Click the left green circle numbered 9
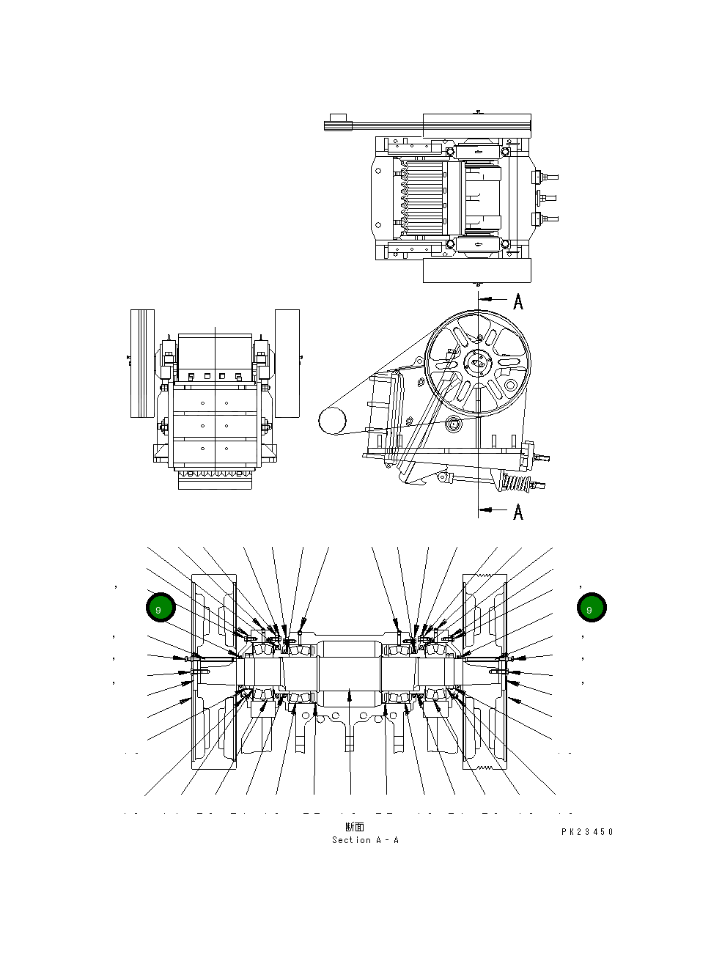point(159,608)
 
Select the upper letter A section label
point(518,301)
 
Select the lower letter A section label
point(518,512)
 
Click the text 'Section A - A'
point(365,840)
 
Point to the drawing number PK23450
point(587,832)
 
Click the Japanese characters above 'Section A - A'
point(355,828)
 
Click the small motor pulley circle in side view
point(332,421)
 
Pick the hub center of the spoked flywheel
point(477,362)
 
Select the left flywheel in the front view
point(142,364)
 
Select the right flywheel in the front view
point(287,364)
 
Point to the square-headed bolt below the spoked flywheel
point(454,424)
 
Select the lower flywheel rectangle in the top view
point(476,270)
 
